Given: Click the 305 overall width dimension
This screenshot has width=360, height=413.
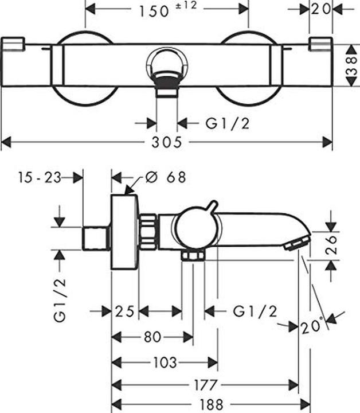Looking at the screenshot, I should pos(167,142).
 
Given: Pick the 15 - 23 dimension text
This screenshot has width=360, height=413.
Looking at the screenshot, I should pos(38,177).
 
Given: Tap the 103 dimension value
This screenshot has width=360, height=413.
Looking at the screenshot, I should pos(165,362).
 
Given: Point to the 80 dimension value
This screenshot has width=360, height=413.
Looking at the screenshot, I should pos(152,337).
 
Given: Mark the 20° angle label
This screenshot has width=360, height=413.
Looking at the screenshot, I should pos(312,327).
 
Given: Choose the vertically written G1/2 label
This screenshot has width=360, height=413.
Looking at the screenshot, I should pos(60,299).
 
